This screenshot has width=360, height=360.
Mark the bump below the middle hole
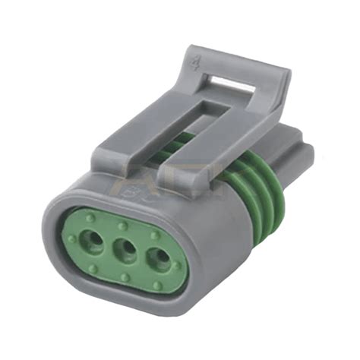(x=121, y=275)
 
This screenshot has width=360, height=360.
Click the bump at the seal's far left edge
(x=70, y=238)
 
